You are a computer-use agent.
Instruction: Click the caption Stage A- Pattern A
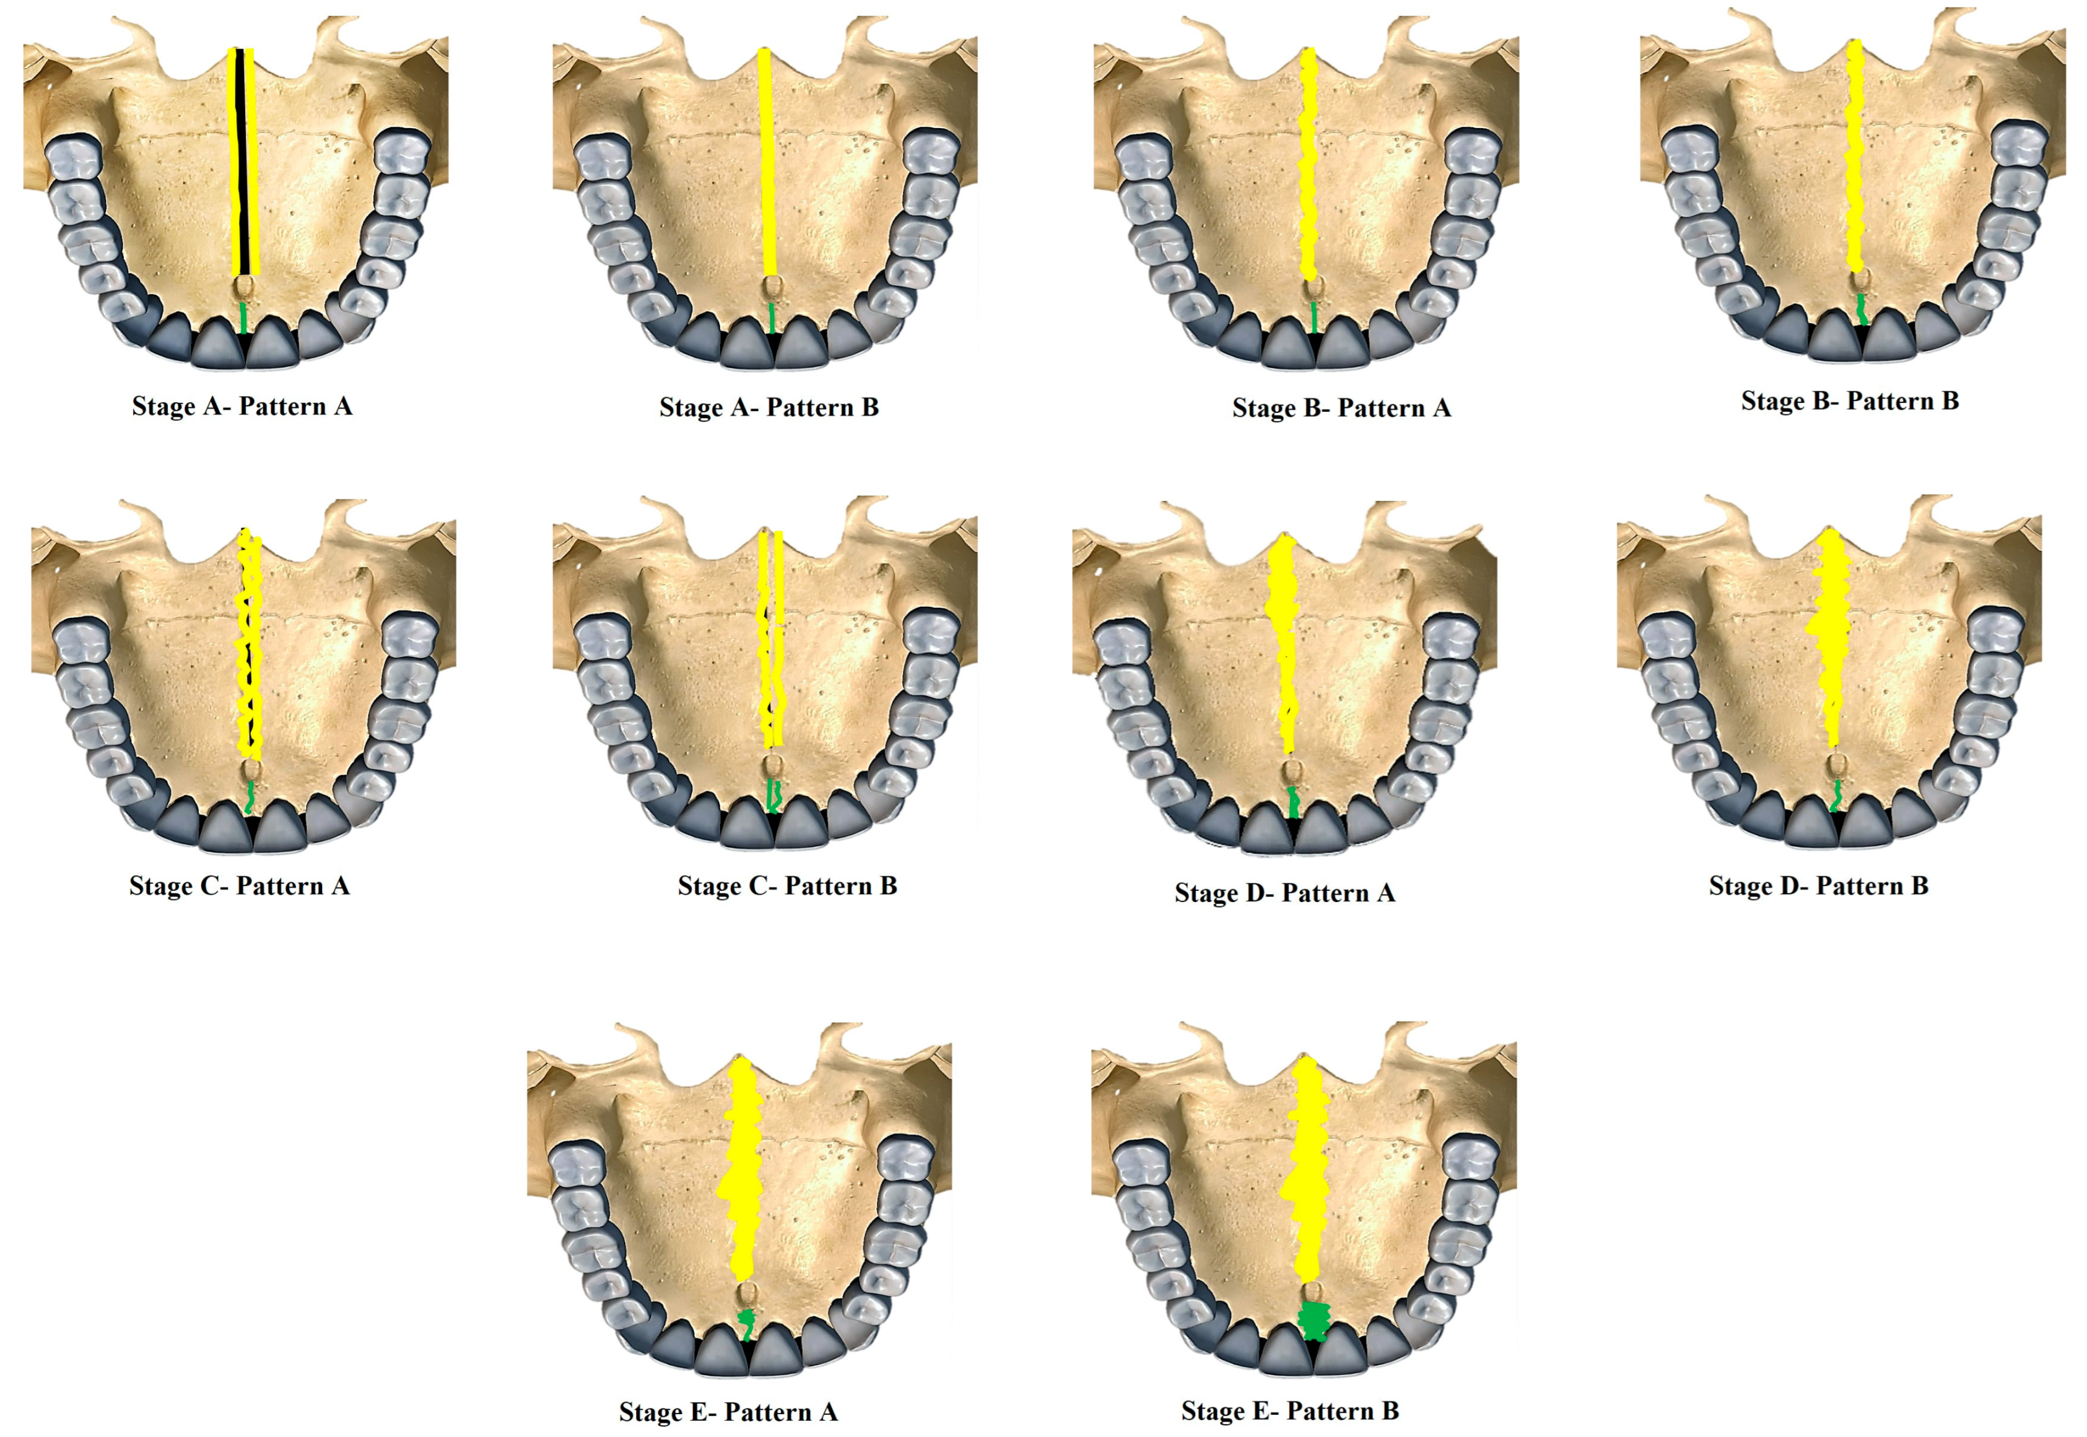coord(242,406)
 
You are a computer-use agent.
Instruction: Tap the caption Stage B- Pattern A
coord(1341,408)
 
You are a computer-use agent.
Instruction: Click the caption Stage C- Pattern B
coord(787,886)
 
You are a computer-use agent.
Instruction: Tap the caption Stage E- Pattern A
coord(728,1412)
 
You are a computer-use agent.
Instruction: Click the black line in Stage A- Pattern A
coord(242,162)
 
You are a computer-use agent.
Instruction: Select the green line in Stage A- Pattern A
coord(244,317)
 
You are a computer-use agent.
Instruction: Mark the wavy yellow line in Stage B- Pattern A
coord(1308,162)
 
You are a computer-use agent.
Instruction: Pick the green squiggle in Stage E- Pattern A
coord(746,1324)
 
